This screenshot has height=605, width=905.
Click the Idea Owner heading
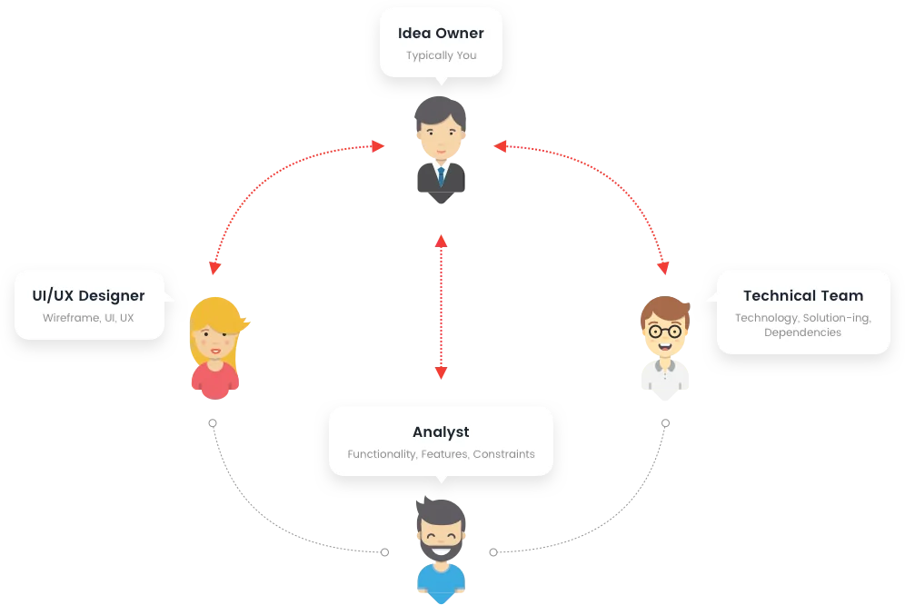coord(441,34)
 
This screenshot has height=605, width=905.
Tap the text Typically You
coord(441,55)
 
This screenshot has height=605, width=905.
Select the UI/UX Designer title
coord(88,296)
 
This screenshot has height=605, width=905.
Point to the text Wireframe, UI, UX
coord(88,318)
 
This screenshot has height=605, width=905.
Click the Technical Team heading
coord(803,296)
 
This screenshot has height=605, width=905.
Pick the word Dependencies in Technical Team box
coord(802,332)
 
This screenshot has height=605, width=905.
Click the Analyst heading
coord(441,432)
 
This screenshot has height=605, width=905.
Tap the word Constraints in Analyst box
coord(503,454)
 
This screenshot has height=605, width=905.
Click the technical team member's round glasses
coord(665,331)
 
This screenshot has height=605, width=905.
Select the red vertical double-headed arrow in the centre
coord(441,307)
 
